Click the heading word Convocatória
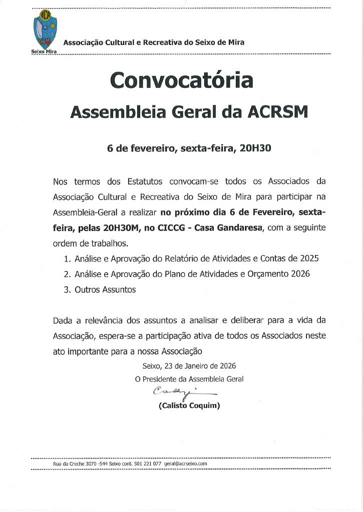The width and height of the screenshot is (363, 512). click(x=182, y=81)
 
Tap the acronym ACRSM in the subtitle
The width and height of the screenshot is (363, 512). click(x=278, y=112)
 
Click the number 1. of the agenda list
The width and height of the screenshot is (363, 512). click(x=68, y=259)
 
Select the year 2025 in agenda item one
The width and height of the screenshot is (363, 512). click(x=308, y=259)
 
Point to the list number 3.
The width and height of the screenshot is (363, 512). click(x=68, y=289)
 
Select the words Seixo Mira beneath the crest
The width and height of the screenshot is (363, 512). click(x=44, y=52)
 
